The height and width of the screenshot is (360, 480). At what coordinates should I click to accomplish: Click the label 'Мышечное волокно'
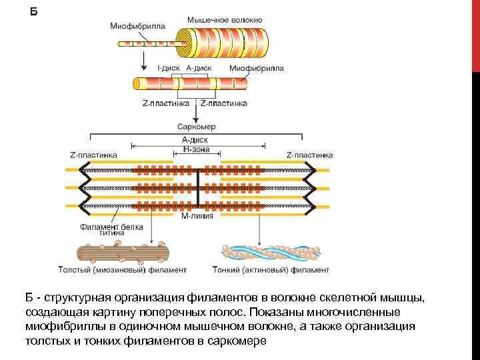pos(219,22)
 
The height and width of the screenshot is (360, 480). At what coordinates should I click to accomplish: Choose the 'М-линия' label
pos(197,216)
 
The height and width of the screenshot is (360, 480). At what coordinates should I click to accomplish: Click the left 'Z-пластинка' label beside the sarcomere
pos(93,154)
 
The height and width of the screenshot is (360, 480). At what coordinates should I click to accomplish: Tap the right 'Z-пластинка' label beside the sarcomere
pos(309,154)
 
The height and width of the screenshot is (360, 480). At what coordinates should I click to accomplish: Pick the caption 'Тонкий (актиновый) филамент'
pos(271,271)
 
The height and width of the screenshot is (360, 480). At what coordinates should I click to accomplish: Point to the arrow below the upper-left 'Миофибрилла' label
pos(143,60)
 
